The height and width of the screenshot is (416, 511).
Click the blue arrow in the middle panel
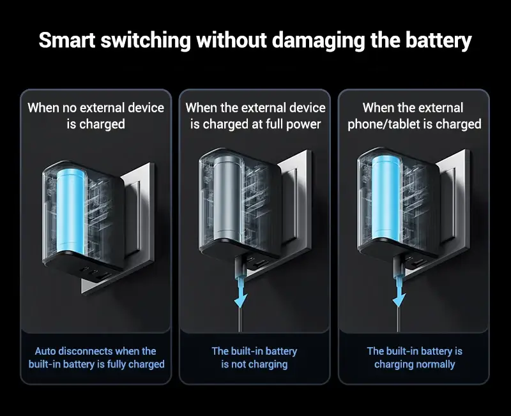point(241,291)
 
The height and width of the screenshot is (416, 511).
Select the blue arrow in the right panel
point(399,291)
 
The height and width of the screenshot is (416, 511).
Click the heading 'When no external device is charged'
point(96,115)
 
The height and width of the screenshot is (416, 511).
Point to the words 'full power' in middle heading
point(293,124)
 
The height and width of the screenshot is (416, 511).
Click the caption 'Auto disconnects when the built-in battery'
point(96,357)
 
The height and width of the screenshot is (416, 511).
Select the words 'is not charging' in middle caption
point(254,364)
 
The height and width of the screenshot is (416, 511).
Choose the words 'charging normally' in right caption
point(415,364)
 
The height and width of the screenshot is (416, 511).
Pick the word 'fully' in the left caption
point(107,364)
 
